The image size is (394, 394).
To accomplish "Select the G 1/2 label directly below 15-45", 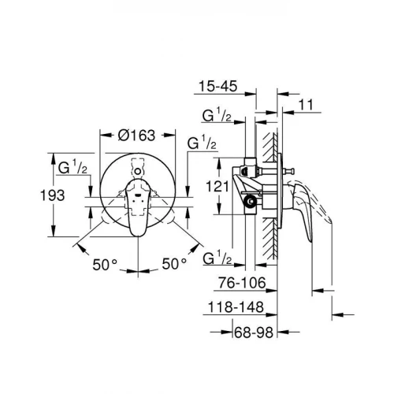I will pos(216,117).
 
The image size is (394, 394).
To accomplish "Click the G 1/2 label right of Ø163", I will pos(203,143).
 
